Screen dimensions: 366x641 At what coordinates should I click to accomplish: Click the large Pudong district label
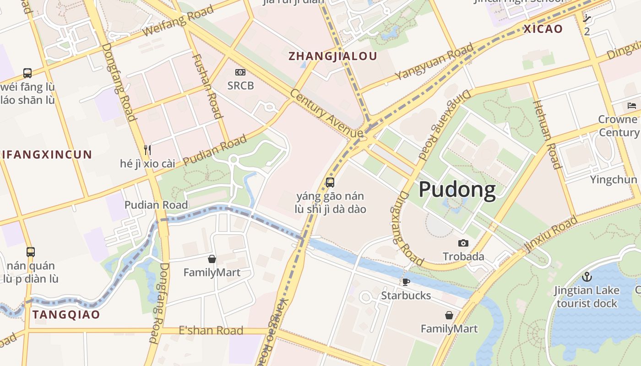[x=457, y=190]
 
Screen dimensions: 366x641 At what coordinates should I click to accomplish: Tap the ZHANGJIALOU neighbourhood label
[x=333, y=56]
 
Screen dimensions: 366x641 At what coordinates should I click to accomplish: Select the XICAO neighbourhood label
[x=543, y=29]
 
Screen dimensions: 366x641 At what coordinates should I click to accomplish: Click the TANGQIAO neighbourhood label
[x=66, y=315]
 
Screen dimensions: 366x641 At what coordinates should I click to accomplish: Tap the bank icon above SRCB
[x=240, y=72]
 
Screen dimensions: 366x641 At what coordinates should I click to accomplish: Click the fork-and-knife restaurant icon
[x=147, y=150]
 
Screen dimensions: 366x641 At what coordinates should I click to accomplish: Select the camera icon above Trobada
[x=463, y=243]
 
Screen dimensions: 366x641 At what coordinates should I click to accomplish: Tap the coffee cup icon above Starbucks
[x=406, y=282]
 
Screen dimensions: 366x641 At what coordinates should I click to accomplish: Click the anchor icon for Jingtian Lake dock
[x=587, y=277]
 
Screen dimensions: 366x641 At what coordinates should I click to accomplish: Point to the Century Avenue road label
[x=326, y=112]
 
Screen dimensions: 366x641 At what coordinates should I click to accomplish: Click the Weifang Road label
[x=178, y=21]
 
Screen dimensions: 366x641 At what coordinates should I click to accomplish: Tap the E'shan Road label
[x=211, y=330]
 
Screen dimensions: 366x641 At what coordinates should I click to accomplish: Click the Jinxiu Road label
[x=551, y=234]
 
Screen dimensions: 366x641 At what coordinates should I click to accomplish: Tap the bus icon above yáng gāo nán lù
[x=330, y=183]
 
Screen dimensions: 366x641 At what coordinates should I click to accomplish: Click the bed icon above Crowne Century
[x=632, y=106]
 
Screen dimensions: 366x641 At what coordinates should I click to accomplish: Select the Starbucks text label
[x=406, y=296]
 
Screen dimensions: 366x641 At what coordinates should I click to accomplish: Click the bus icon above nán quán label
[x=31, y=252]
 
